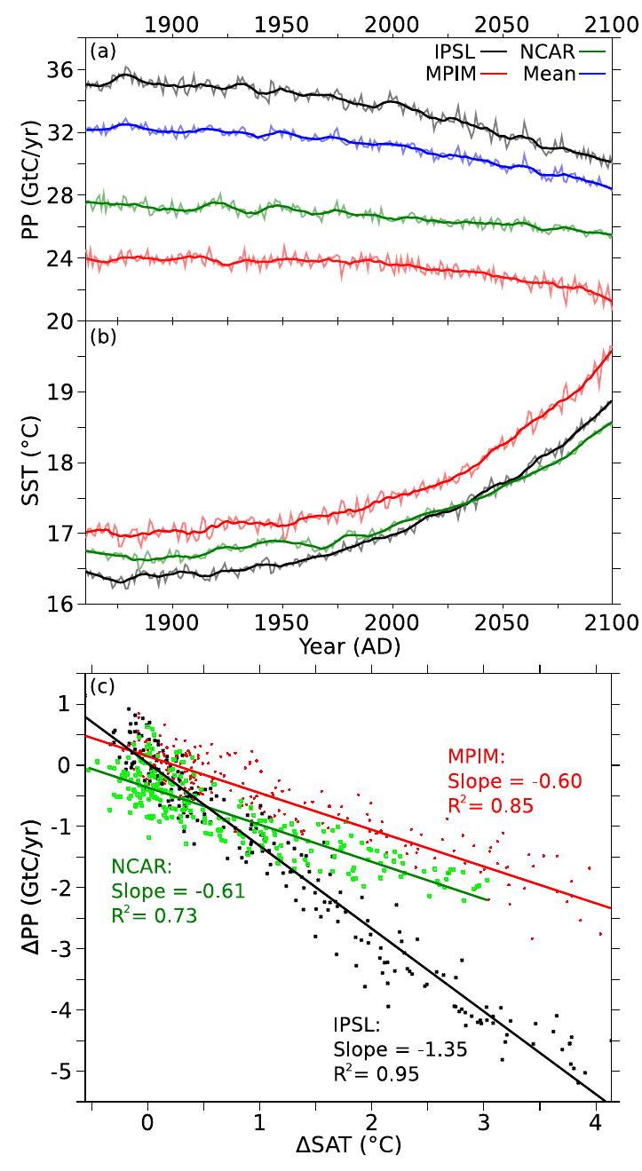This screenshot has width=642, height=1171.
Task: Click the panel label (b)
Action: [x=99, y=336]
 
